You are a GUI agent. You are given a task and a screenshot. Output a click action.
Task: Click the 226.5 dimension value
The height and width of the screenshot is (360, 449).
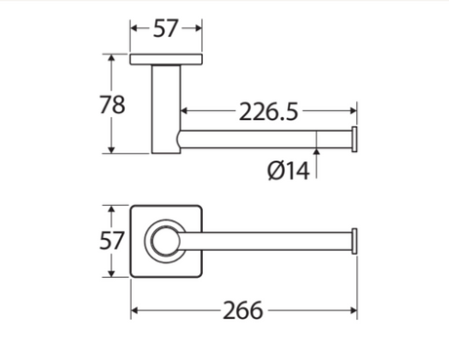point(268,111)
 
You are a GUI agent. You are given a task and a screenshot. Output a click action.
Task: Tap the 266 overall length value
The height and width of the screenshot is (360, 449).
point(243,310)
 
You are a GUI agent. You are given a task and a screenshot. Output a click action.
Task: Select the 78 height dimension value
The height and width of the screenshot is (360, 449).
point(112,104)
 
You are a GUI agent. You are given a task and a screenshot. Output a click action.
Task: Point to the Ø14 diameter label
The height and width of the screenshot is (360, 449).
point(288,171)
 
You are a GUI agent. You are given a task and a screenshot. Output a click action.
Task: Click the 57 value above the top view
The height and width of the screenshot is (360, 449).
point(166,28)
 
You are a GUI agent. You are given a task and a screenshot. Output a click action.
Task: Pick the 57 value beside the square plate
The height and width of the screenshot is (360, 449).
point(111,241)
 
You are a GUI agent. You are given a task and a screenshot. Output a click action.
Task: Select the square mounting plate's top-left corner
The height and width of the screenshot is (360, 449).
point(131,206)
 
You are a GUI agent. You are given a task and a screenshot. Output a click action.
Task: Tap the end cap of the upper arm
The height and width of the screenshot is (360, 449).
point(354,140)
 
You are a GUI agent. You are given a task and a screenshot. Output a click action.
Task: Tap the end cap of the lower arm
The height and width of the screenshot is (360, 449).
point(354,241)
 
